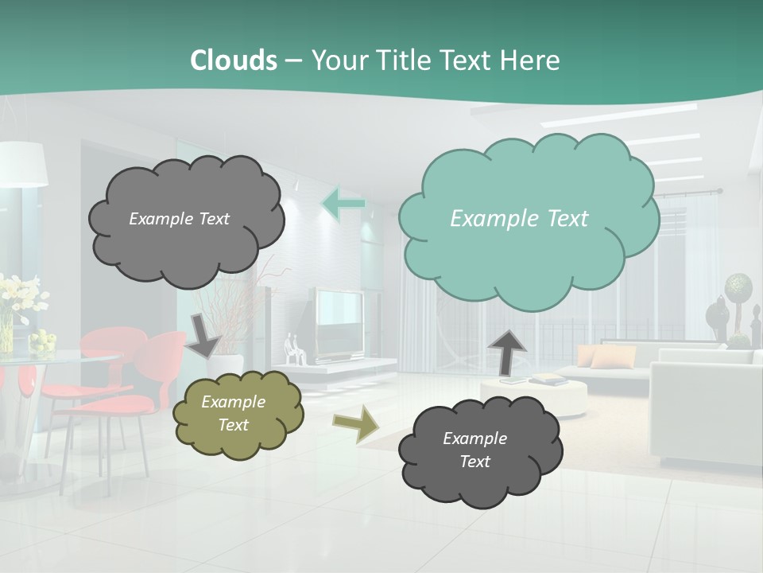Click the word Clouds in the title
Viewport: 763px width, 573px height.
coord(233,60)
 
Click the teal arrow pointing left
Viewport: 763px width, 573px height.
coord(343,204)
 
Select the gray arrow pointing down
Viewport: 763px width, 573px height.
coord(203,334)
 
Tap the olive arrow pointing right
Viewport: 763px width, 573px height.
coord(356,423)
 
